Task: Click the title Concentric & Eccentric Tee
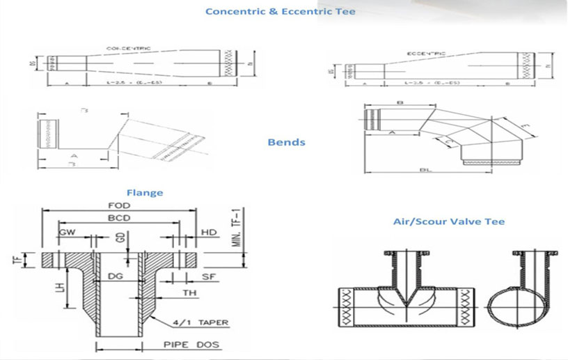(x=280, y=12)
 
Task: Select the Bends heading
(x=286, y=142)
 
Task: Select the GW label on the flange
(x=68, y=230)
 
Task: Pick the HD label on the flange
(x=209, y=230)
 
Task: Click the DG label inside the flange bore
(x=117, y=277)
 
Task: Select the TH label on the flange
(x=189, y=293)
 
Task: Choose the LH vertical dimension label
(x=61, y=287)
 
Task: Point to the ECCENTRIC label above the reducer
(x=426, y=52)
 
